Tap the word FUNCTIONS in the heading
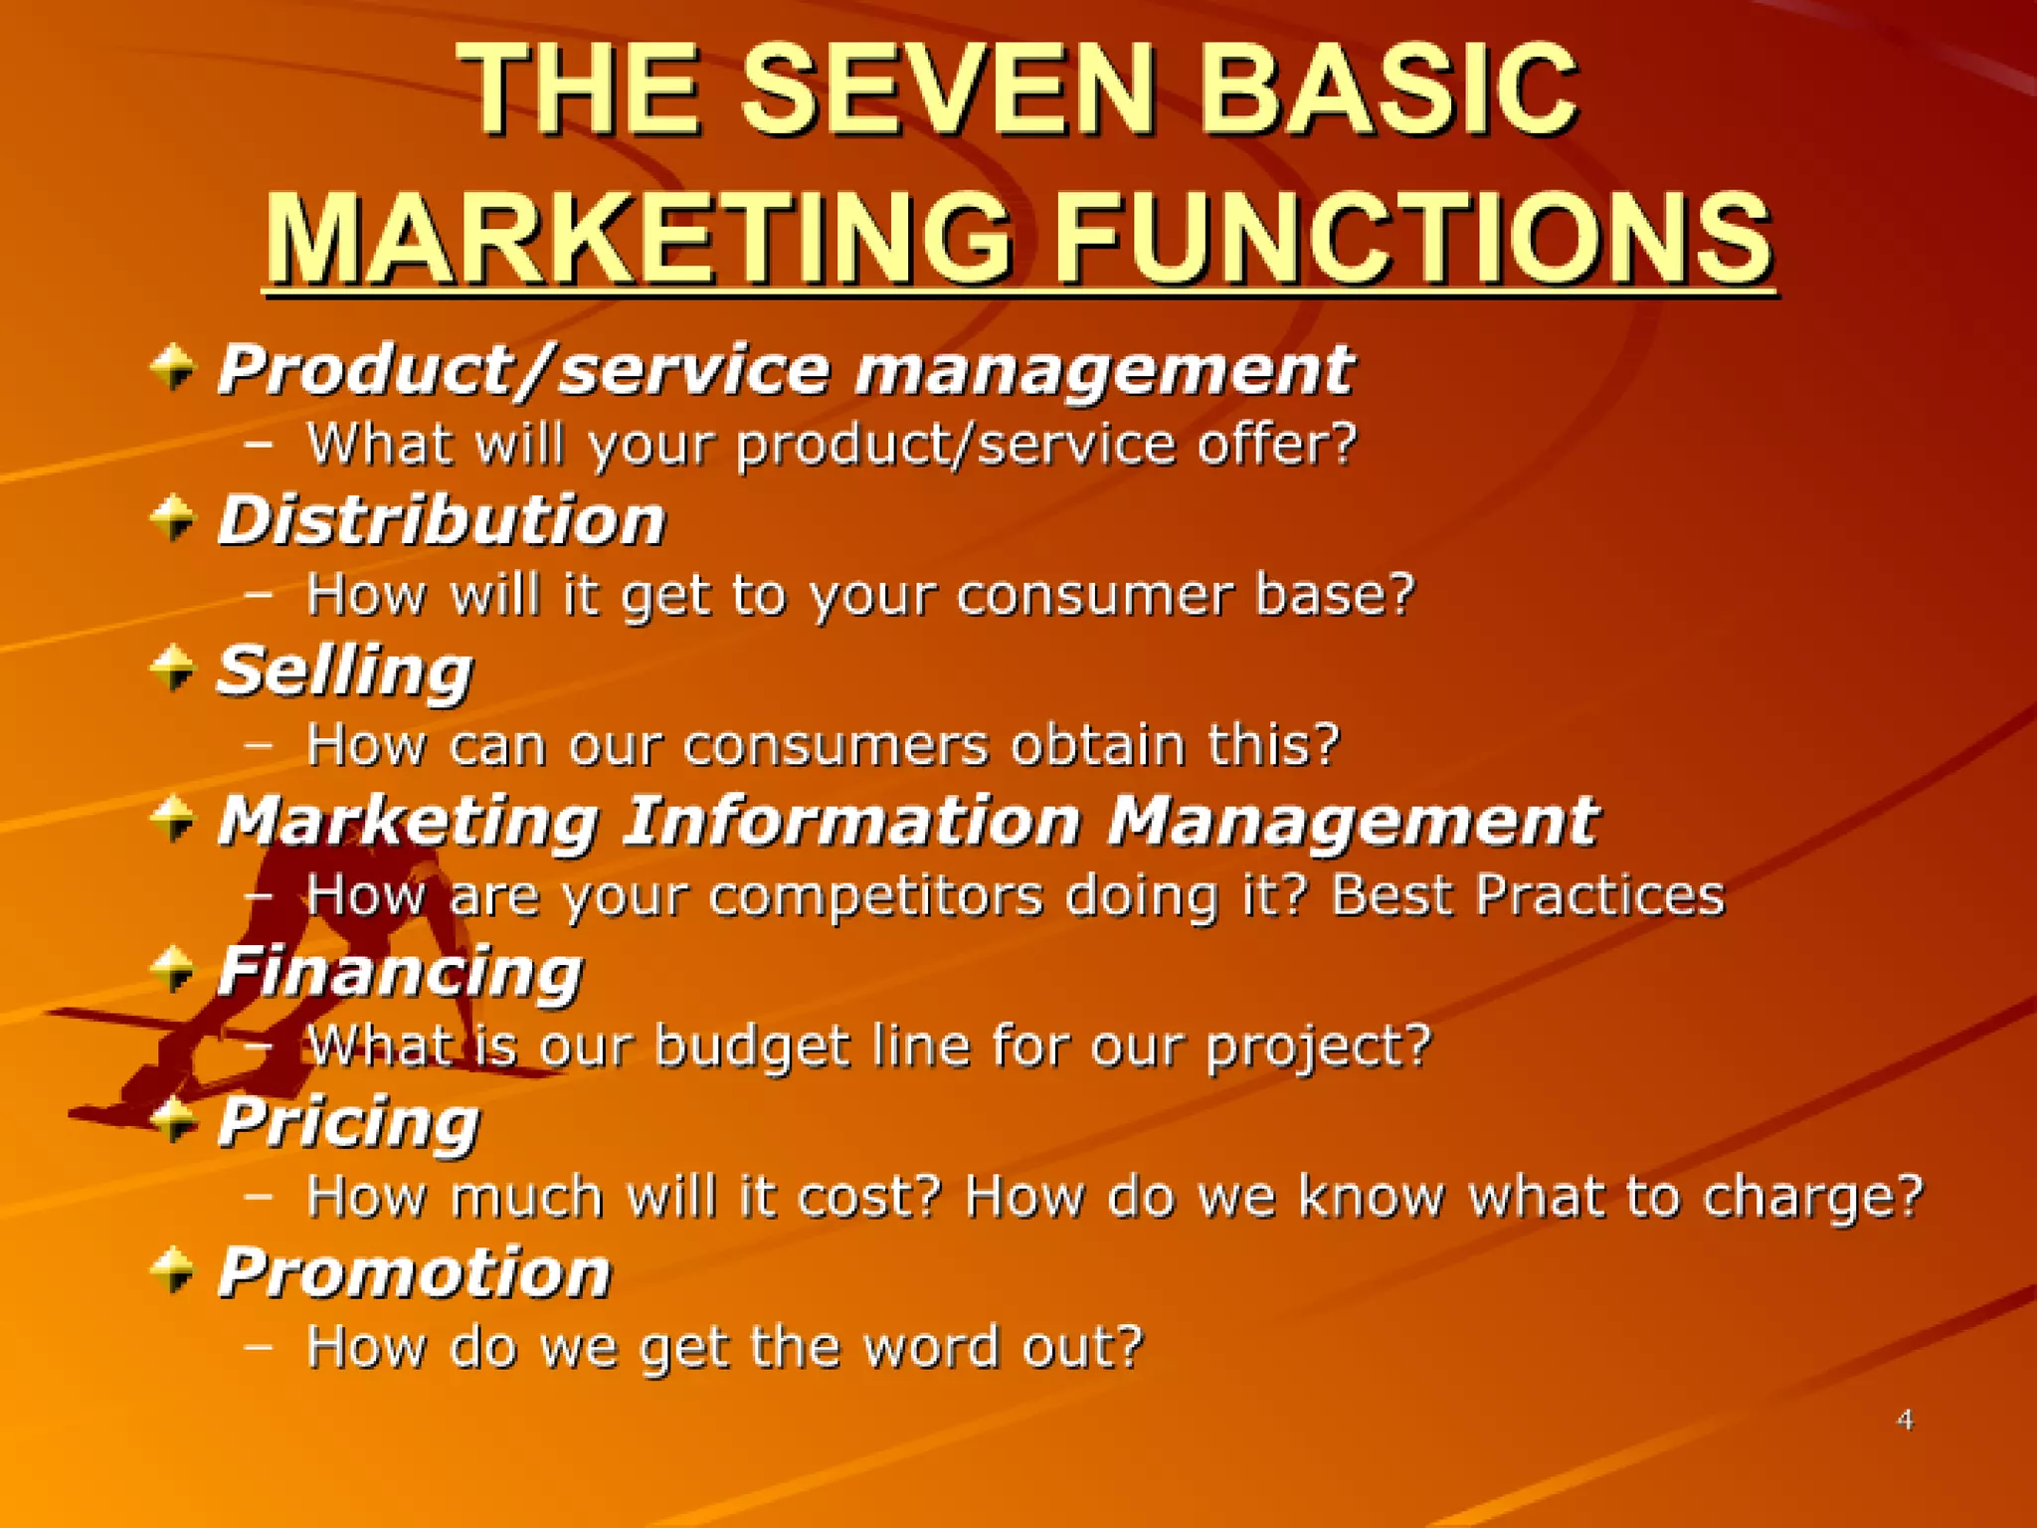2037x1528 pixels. [x=1412, y=239]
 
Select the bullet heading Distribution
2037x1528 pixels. [x=442, y=520]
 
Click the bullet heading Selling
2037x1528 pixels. [x=344, y=671]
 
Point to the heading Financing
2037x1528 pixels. [x=400, y=972]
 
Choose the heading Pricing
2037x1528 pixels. [x=348, y=1123]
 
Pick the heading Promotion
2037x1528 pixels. [x=414, y=1272]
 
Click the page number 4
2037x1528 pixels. [x=1905, y=1420]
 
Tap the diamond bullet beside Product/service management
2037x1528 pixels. [x=173, y=367]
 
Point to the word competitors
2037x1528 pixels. [x=875, y=895]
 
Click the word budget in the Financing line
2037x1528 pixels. [x=752, y=1047]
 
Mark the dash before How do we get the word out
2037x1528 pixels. [x=259, y=1346]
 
